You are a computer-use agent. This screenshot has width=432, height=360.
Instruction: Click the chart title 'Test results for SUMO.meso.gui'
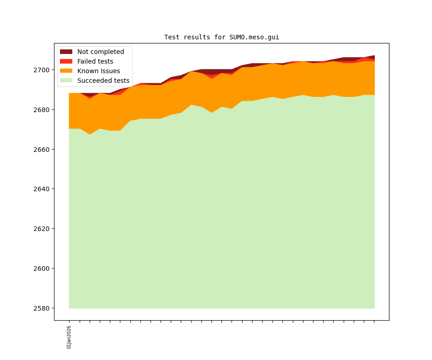pyautogui.click(x=221, y=37)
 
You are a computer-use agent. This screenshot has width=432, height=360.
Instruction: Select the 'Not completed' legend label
pyautogui.click(x=101, y=52)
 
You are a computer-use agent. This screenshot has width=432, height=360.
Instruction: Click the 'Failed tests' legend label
pyautogui.click(x=95, y=61)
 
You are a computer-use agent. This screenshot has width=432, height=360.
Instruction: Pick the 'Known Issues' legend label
pyautogui.click(x=98, y=71)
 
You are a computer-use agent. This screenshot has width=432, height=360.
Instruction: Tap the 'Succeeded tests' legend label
pyautogui.click(x=103, y=81)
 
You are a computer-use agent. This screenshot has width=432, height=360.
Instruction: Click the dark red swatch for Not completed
pyautogui.click(x=66, y=52)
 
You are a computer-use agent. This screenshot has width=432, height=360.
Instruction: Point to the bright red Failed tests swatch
pyautogui.click(x=66, y=61)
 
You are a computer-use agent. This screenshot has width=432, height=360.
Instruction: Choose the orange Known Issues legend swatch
pyautogui.click(x=66, y=71)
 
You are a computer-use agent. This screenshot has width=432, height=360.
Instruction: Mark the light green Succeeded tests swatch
pyautogui.click(x=66, y=81)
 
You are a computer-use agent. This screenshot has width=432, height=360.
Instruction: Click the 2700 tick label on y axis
pyautogui.click(x=43, y=70)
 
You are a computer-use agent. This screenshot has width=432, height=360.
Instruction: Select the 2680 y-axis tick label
pyautogui.click(x=43, y=110)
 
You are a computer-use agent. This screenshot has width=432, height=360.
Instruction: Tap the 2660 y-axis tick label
pyautogui.click(x=43, y=150)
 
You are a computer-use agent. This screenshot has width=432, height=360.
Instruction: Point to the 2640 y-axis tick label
pyautogui.click(x=43, y=189)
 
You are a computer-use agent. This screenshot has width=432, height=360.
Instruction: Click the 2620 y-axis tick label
pyautogui.click(x=43, y=229)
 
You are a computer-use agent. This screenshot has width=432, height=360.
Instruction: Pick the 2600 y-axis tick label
pyautogui.click(x=43, y=269)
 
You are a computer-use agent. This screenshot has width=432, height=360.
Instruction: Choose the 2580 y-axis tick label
pyautogui.click(x=43, y=308)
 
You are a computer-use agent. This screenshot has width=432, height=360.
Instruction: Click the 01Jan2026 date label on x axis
pyautogui.click(x=69, y=337)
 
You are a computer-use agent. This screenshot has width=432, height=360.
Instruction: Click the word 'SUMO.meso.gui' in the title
pyautogui.click(x=254, y=37)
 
